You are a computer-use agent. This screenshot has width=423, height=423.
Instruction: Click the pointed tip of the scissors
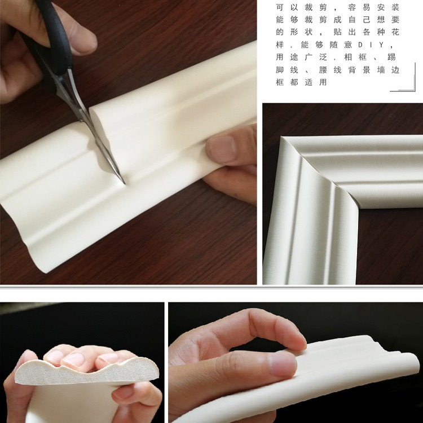point(122,182)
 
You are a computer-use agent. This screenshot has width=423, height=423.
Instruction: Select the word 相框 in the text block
point(352,57)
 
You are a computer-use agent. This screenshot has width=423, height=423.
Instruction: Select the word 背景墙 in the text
point(368,69)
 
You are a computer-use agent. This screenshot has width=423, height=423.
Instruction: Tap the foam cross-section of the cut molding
point(85,372)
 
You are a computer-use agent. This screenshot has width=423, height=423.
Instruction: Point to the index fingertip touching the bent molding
point(293,338)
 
